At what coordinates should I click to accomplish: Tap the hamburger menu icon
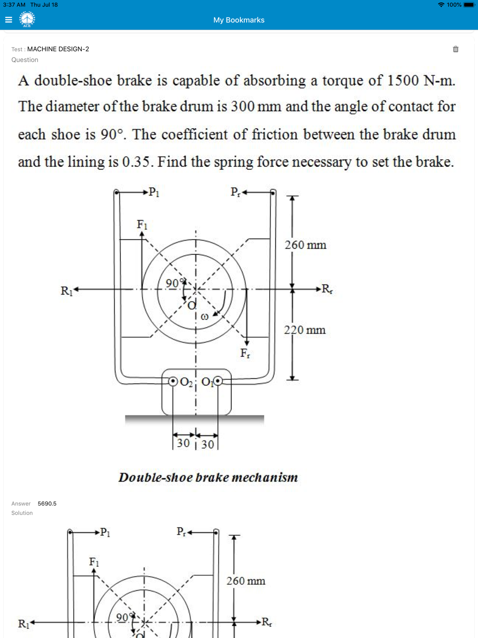point(9,20)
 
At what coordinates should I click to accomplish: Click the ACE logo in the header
point(27,20)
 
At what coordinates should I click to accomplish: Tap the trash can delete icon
point(456,49)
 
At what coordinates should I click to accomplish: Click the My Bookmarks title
point(239,20)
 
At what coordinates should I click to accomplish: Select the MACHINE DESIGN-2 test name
point(58,49)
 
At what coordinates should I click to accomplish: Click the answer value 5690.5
point(47,504)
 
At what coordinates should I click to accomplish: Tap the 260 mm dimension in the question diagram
point(305,245)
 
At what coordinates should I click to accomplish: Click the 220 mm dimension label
point(304,330)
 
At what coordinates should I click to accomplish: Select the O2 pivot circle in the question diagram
point(173,381)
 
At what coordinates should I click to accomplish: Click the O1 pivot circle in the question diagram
point(218,381)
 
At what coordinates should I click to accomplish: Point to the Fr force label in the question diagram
point(245,353)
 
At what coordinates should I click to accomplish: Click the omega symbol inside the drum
point(205,317)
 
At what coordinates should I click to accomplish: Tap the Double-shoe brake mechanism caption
point(208,478)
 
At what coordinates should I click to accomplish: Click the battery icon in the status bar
point(469,5)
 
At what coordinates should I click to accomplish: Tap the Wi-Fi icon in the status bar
point(441,5)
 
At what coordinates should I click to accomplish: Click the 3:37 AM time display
point(14,5)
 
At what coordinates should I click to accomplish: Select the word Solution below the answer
point(22,513)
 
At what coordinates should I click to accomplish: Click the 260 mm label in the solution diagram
point(246,581)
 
